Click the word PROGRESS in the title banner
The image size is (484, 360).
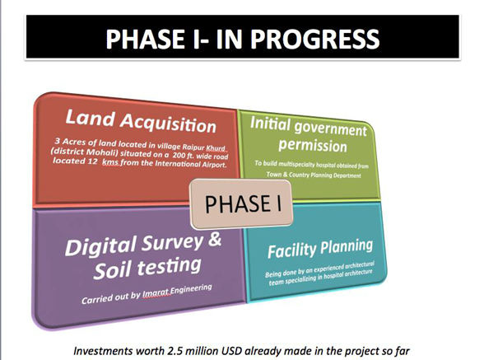314,39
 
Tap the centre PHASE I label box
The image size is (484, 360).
241,204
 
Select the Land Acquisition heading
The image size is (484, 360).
141,121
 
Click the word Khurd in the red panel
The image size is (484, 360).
216,148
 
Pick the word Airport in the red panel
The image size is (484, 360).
215,165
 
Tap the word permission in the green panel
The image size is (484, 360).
313,145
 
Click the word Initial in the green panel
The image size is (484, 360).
270,124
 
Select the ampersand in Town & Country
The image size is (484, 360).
285,175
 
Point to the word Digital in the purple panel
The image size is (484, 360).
101,246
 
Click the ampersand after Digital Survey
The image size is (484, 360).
215,240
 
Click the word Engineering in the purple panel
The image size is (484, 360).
191,289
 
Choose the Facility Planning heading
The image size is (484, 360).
320,249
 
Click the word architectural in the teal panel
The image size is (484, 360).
360,264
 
